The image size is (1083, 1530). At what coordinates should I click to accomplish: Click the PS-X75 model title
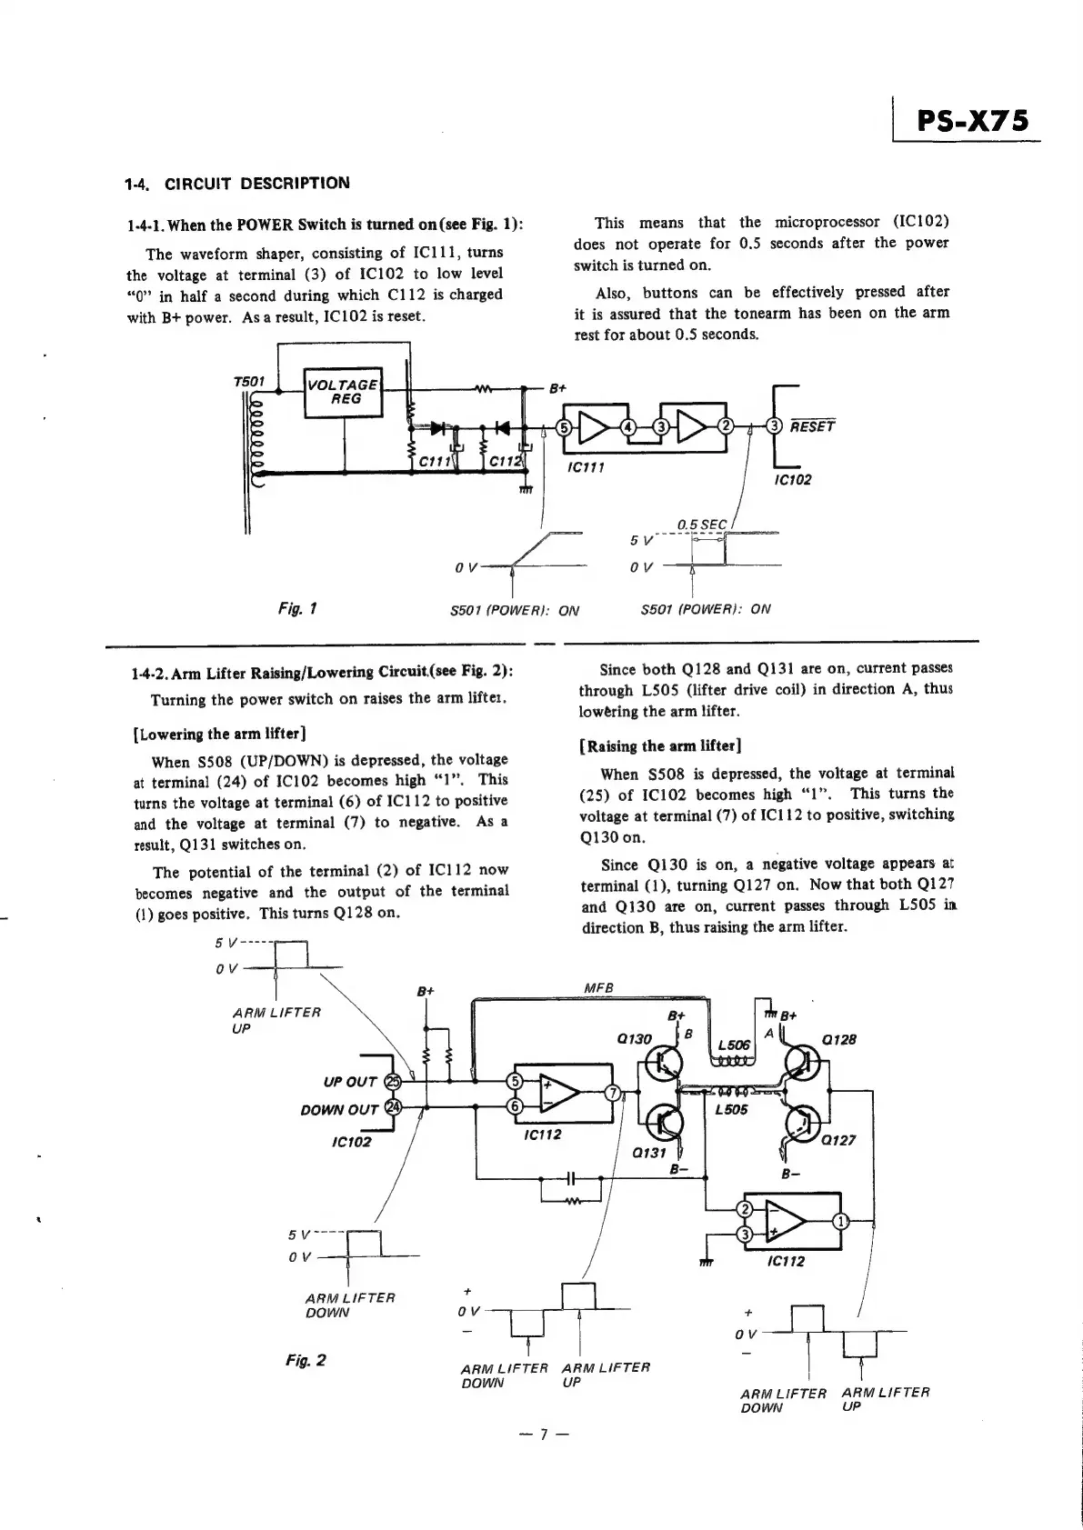click(972, 121)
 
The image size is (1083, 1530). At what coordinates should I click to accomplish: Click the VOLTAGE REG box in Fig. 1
click(343, 392)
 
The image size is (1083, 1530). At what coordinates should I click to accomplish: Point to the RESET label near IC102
click(812, 425)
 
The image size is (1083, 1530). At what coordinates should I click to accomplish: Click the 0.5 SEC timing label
click(702, 525)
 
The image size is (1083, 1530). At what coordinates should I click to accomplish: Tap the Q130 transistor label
click(636, 1039)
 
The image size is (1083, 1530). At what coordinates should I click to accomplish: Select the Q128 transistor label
click(839, 1040)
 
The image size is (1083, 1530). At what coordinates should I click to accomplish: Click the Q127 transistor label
click(838, 1141)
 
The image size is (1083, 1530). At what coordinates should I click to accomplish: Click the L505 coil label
click(732, 1109)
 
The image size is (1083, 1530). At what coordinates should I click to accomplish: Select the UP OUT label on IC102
click(350, 1082)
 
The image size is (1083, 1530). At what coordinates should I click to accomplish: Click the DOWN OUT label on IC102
click(339, 1109)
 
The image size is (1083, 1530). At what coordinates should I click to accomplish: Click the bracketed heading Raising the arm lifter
click(661, 746)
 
